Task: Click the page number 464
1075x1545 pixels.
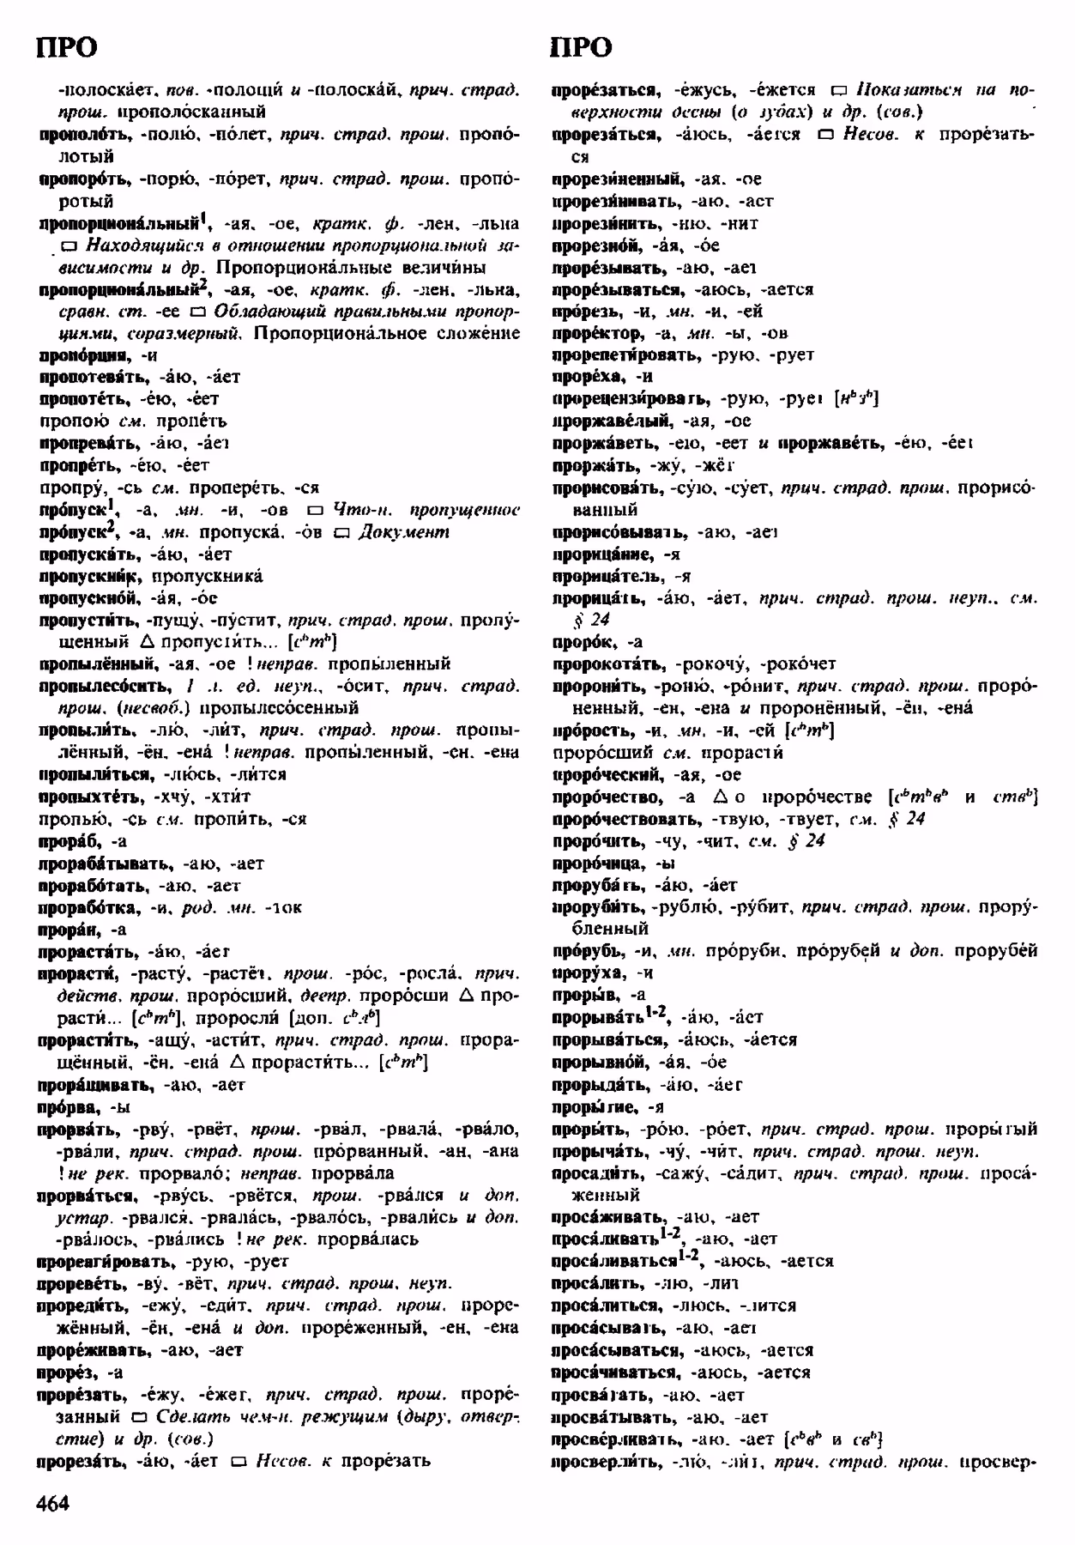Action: tap(53, 1503)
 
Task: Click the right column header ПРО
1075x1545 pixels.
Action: tap(581, 48)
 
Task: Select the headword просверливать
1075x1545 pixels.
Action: tap(615, 1439)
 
